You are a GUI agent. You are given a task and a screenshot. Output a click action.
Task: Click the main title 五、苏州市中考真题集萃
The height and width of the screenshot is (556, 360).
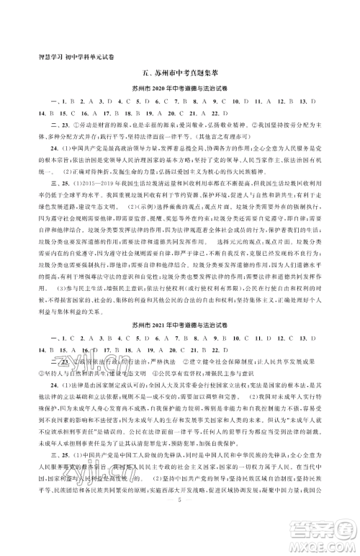point(180,74)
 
